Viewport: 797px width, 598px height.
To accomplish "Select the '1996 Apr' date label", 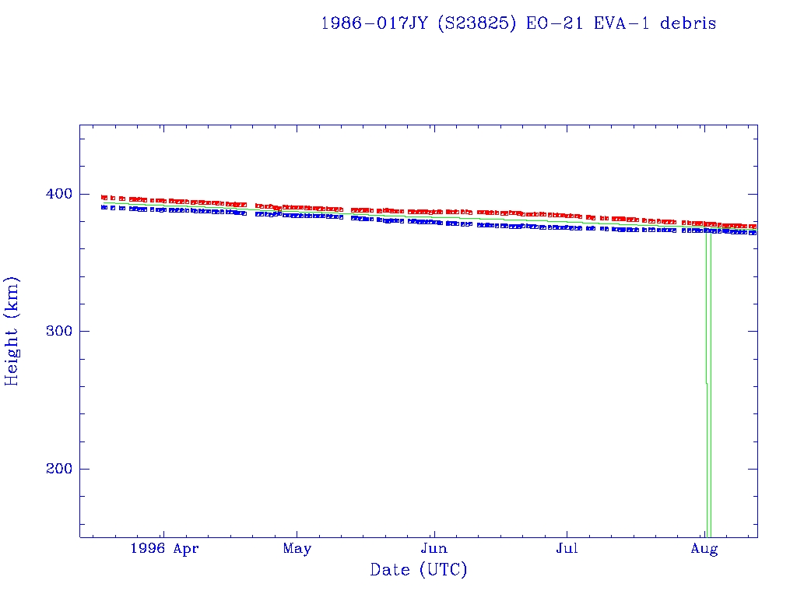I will pos(164,549).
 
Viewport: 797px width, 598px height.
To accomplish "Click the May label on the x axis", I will pos(297,549).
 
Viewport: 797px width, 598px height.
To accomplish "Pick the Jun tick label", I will pos(433,549).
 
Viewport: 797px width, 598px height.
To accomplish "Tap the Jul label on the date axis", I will pos(567,549).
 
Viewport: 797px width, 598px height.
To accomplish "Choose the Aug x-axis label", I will pos(704,549).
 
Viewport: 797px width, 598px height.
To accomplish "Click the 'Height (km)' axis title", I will pos(12,331).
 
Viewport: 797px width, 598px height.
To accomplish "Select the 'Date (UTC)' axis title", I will pos(419,570).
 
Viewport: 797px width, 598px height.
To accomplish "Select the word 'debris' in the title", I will pos(688,23).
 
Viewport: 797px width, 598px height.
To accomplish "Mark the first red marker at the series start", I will pos(104,198).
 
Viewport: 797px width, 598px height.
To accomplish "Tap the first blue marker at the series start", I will pos(104,207).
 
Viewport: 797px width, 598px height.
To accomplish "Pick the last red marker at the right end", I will pos(753,227).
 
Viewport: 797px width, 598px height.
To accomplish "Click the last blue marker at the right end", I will pos(753,233).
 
